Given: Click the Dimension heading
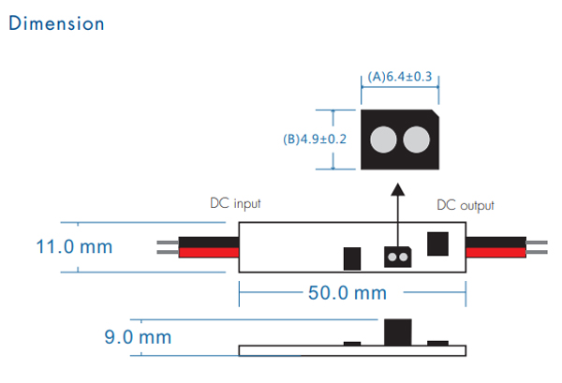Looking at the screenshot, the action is [56, 23].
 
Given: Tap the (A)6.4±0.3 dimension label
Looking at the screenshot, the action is [400, 77].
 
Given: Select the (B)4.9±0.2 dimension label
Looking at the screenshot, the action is [315, 139].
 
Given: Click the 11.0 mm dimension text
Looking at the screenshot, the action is [74, 247].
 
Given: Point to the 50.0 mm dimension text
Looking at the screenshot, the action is [348, 293].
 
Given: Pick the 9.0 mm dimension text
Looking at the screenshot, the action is [138, 337].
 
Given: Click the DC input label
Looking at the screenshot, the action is [235, 203].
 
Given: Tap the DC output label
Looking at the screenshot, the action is [466, 205].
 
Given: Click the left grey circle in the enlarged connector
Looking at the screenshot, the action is [383, 140].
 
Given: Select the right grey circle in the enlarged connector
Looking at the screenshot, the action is [416, 140].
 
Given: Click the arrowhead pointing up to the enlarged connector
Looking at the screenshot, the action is [397, 190].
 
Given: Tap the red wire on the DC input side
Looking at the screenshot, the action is [209, 253].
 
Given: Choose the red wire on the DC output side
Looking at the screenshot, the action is [496, 253].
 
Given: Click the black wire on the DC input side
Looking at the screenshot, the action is [209, 243].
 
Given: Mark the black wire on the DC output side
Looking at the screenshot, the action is [496, 243].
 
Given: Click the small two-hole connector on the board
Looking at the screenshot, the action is [397, 257].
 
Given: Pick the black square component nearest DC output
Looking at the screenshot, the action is [437, 244].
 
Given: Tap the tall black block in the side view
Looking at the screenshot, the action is [398, 332].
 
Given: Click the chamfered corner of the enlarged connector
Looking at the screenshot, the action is [436, 113].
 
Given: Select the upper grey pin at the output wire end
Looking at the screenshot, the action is [537, 243].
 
